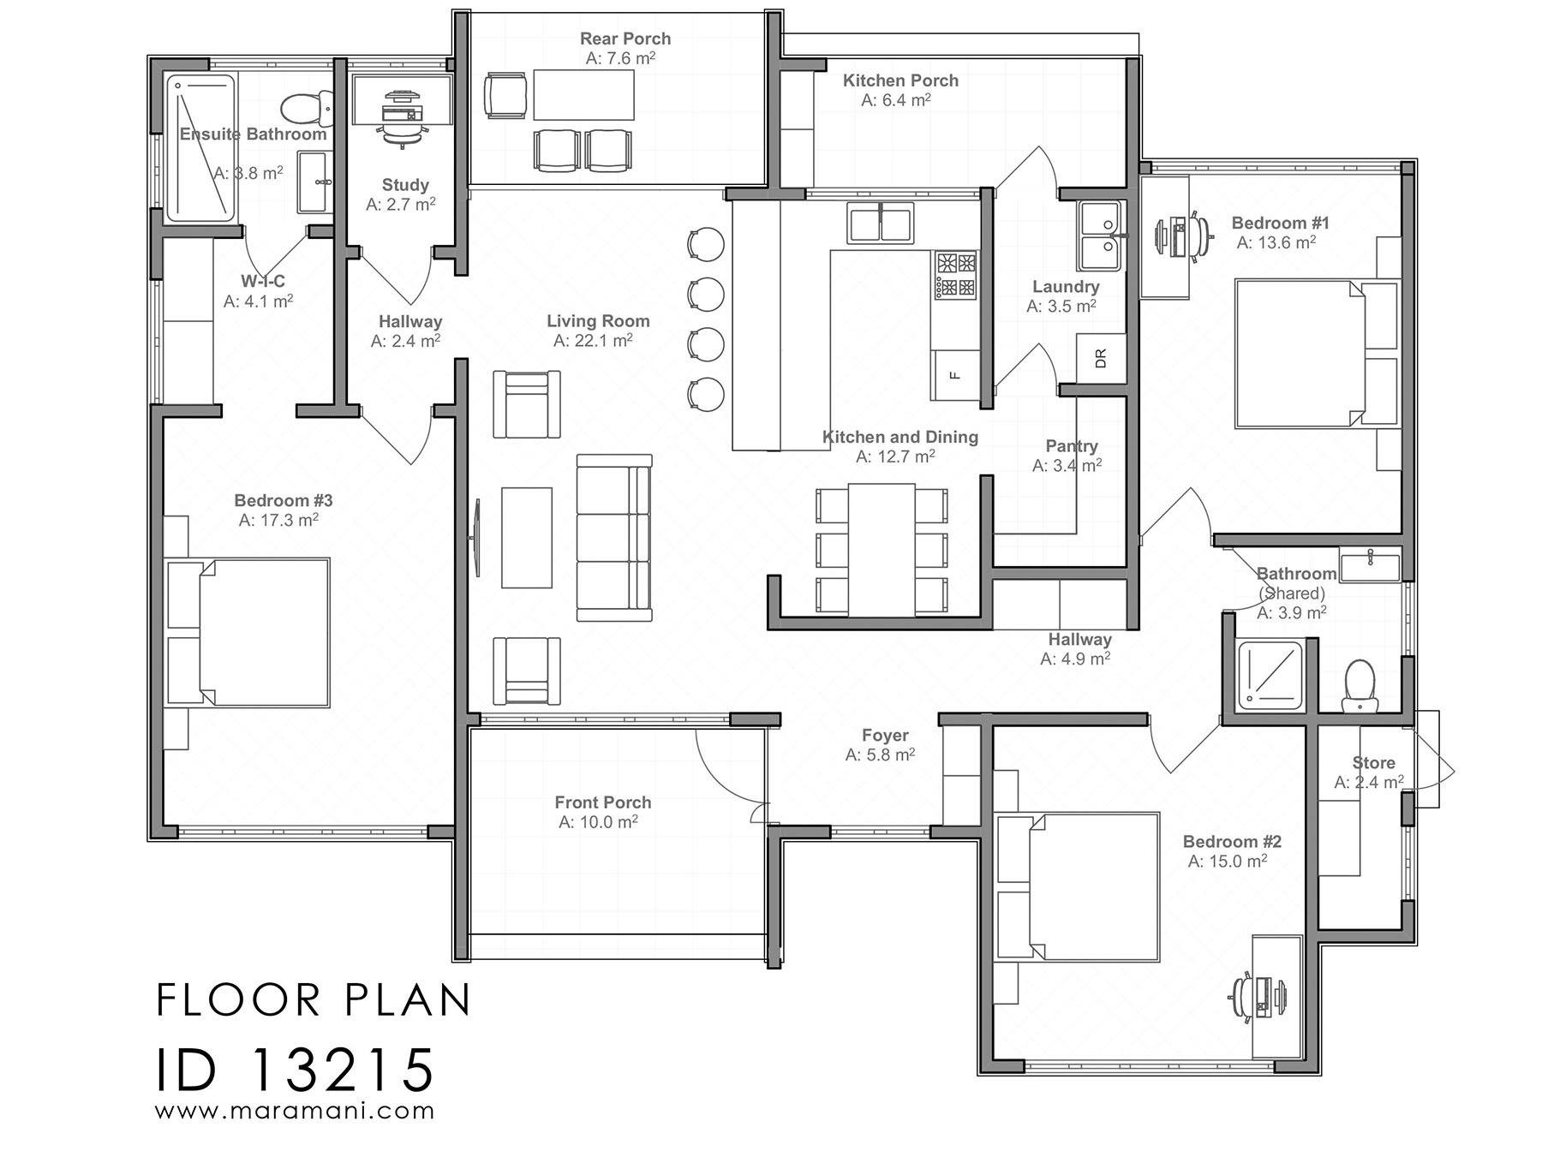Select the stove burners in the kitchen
pos(955,274)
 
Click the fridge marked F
pos(955,375)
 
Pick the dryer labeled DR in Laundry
pos(1100,358)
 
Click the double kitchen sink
pos(880,223)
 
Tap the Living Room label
pos(598,321)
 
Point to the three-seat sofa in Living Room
pos(613,538)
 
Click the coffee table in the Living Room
pos(526,538)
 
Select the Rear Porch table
pos(583,94)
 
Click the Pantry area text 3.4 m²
pos(1067,466)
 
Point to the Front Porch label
pos(602,802)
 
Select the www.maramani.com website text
pos(295,1112)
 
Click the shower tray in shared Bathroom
pos(1270,675)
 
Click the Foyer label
pos(885,736)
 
